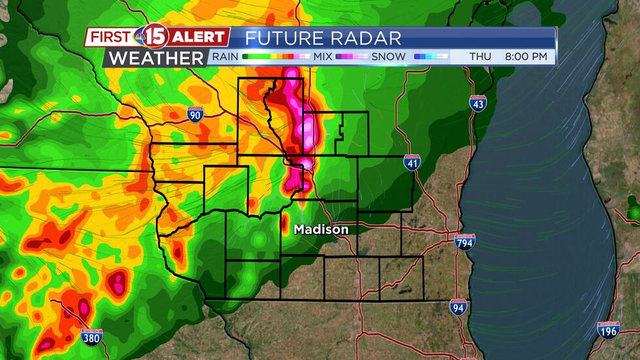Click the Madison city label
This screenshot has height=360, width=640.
click(321, 229)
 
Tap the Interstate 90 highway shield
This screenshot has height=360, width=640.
click(195, 115)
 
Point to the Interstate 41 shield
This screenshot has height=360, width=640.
click(411, 163)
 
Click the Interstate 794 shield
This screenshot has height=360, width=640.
click(464, 241)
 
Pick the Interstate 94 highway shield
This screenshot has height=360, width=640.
click(458, 307)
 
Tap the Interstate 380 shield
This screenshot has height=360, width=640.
click(91, 336)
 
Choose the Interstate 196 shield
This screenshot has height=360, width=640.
click(609, 330)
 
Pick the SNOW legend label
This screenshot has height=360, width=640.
click(389, 57)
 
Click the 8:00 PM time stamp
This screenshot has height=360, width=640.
click(526, 57)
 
